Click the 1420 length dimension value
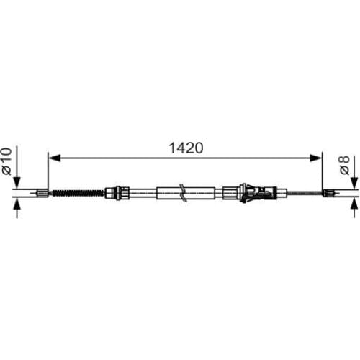(x=186, y=148)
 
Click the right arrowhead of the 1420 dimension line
(x=316, y=158)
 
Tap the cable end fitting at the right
(x=329, y=192)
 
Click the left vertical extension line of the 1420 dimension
(x=48, y=173)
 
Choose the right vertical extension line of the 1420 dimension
(x=322, y=173)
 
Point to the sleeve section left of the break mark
(x=167, y=192)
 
